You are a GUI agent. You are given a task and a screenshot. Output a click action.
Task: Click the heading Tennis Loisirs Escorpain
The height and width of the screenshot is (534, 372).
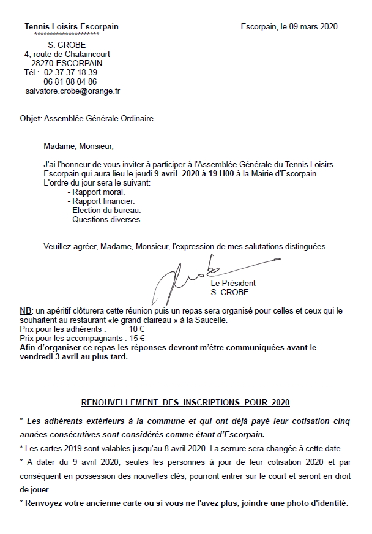pos(72,27)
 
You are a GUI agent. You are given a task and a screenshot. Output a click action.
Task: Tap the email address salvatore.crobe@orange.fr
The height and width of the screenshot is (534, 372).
pos(73,91)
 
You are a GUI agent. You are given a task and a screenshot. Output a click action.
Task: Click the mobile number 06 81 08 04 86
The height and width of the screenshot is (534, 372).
pos(70,81)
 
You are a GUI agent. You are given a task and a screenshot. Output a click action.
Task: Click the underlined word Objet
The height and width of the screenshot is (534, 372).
pos(30,118)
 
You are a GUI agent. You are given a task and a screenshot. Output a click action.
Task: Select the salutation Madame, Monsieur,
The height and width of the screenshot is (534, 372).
pos(79,146)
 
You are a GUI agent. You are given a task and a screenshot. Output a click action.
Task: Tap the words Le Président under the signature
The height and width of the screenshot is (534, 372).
pos(233,284)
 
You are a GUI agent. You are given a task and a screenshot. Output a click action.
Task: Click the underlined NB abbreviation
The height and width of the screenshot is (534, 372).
pos(26,310)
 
